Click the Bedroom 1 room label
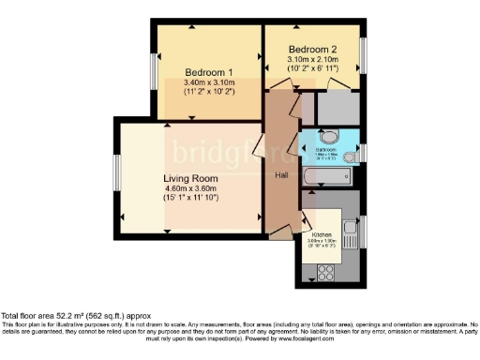(208, 72)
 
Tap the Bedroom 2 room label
(312, 50)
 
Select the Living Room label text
(190, 178)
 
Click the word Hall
(280, 175)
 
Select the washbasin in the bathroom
(308, 149)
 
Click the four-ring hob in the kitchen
(329, 273)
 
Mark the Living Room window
(117, 177)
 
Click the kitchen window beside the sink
(366, 230)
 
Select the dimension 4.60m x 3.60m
(190, 190)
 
